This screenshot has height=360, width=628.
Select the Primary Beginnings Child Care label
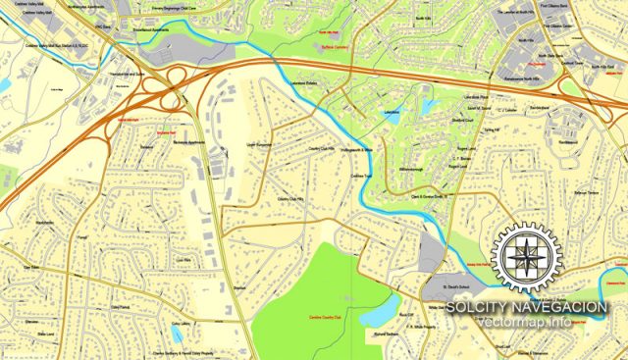coord(188,5)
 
